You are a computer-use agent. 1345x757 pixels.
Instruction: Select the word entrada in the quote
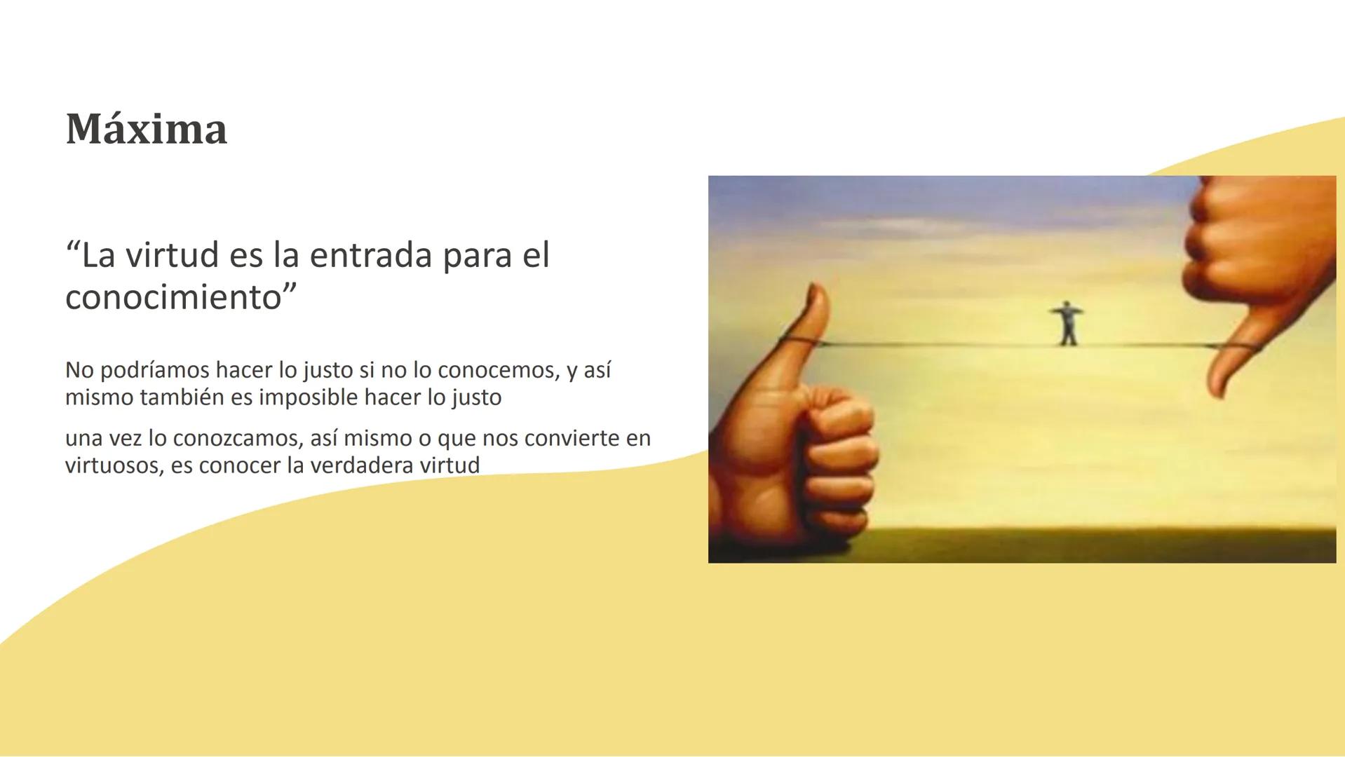pyautogui.click(x=371, y=254)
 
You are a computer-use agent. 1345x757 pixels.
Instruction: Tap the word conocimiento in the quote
pyautogui.click(x=174, y=297)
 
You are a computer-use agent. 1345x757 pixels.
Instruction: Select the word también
pyautogui.click(x=182, y=397)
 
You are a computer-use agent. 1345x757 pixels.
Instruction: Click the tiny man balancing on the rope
pyautogui.click(x=1067, y=323)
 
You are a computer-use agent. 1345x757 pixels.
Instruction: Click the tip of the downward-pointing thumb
pyautogui.click(x=1220, y=394)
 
